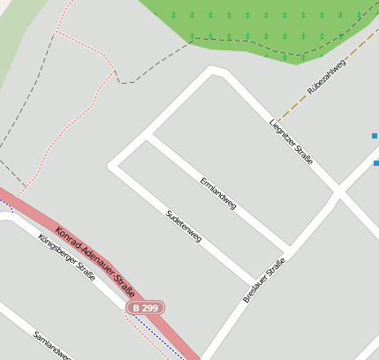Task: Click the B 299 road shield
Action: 145,308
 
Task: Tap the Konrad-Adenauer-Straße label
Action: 95,264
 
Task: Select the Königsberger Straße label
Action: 66,257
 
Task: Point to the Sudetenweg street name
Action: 184,226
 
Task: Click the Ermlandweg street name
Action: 217,191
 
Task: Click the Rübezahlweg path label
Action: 325,77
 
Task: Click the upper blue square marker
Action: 375,136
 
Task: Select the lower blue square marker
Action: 375,163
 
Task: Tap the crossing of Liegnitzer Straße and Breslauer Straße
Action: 337,190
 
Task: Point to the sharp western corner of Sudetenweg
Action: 111,164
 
